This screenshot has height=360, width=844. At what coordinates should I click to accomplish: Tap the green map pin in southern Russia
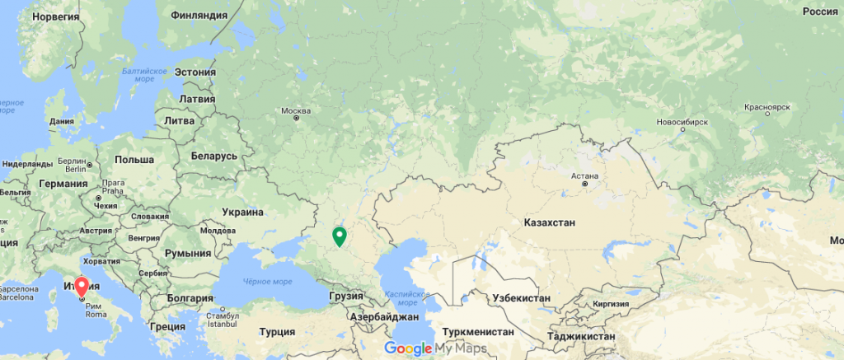pos(339,237)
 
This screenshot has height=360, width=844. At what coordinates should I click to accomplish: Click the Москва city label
pos(296,110)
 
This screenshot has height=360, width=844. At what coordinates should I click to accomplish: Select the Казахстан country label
pos(548,222)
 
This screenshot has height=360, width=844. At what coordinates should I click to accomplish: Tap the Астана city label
pos(586,175)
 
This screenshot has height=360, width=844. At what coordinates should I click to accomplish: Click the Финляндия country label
pos(198,16)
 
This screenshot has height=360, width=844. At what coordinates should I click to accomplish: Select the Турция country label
pos(277,332)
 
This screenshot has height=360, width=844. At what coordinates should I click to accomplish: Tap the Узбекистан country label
pos(520,297)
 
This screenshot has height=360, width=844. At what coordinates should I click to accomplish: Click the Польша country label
pos(134,159)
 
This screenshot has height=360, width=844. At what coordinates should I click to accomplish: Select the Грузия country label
pos(345,295)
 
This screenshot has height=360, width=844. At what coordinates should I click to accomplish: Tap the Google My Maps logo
pos(434,348)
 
